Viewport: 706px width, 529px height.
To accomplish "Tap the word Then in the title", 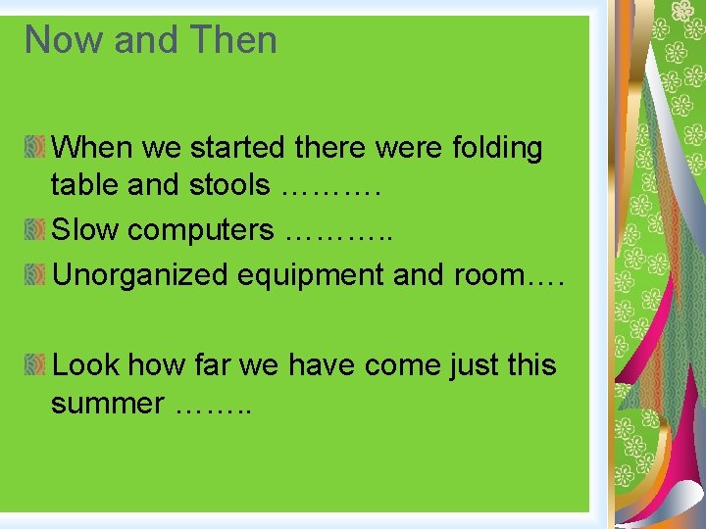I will pyautogui.click(x=234, y=40).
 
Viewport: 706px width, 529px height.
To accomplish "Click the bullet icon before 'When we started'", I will pyautogui.click(x=35, y=148).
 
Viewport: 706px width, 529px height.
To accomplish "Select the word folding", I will pyautogui.click(x=497, y=148).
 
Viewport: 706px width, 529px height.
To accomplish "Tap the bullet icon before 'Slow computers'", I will pyautogui.click(x=35, y=230).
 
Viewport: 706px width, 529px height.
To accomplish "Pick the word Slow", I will pyautogui.click(x=85, y=230).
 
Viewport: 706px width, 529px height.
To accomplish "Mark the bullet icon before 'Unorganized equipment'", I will pyautogui.click(x=35, y=275).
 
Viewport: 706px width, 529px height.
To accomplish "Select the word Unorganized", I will pyautogui.click(x=140, y=275).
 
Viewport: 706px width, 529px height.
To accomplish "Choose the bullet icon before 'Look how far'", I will pyautogui.click(x=35, y=365).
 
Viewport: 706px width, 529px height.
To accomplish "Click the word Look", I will pyautogui.click(x=85, y=365).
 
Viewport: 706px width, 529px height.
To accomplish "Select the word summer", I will pyautogui.click(x=108, y=403).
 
